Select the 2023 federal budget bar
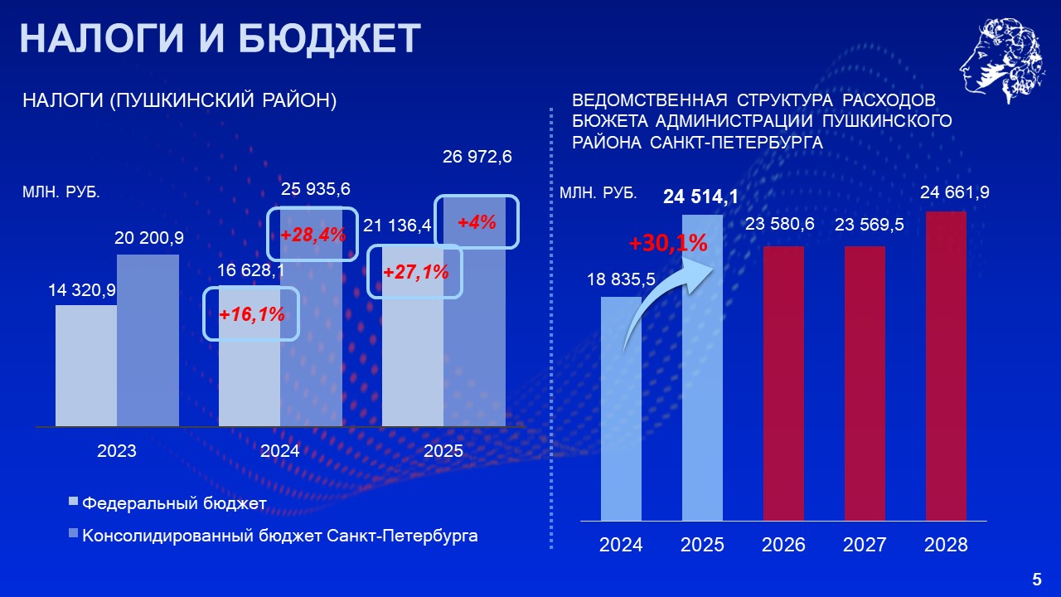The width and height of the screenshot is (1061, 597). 86,366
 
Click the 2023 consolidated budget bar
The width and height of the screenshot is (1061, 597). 148,340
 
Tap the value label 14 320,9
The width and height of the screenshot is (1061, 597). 82,290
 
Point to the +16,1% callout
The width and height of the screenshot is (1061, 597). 251,313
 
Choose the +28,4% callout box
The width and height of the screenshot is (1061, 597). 312,234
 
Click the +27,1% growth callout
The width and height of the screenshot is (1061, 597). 415,271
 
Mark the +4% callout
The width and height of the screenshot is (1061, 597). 477,221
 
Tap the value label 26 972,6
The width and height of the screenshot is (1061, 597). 477,157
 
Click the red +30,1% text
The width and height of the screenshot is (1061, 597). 668,243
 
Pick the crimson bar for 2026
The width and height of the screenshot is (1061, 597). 783,383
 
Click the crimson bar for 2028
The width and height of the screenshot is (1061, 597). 946,366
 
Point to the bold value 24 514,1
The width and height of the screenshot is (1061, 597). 700,197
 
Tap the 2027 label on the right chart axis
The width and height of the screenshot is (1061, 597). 865,545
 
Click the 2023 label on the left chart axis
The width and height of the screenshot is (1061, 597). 117,450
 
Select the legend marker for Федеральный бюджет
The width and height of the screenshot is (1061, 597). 73,502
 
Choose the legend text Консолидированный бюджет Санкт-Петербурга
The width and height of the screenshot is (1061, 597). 280,536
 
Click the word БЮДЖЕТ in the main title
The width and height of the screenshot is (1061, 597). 329,38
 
